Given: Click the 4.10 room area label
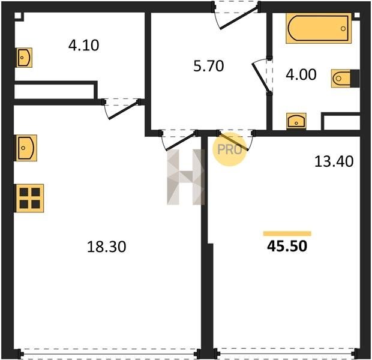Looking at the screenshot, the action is tap(84, 46).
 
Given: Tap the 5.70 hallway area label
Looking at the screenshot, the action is tap(209, 66).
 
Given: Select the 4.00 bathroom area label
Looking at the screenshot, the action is tap(301, 74).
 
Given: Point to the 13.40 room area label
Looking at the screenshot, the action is tap(334, 161).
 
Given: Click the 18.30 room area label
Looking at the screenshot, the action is tap(107, 247).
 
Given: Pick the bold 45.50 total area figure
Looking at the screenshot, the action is tap(287, 246).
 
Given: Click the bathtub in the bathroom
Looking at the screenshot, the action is tap(319, 28).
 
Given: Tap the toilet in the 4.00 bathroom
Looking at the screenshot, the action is tap(345, 79).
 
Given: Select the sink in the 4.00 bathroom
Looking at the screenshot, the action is tap(296, 121).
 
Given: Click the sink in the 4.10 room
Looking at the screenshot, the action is tap(24, 58).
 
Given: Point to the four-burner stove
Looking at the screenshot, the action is tap(29, 198).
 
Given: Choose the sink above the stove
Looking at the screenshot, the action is tap(26, 148).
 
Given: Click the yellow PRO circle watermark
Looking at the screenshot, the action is tap(229, 149).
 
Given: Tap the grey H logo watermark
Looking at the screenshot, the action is tap(185, 177).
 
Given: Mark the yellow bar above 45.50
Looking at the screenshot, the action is tap(287, 233).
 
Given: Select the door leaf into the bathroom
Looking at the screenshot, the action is tap(260, 77).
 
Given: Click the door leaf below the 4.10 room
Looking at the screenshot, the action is tap(124, 110).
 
